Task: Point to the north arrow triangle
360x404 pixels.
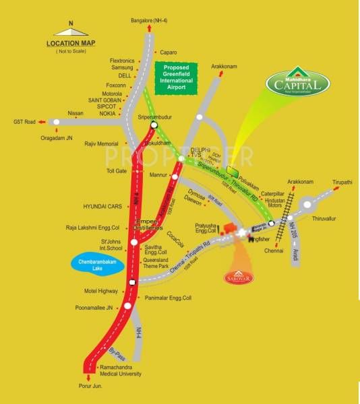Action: pos(71,31)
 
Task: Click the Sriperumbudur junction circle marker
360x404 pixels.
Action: pos(154,125)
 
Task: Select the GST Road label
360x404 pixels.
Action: pos(23,122)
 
